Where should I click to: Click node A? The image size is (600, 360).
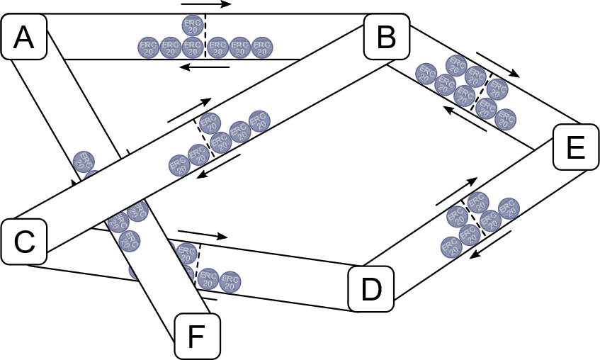click(x=24, y=37)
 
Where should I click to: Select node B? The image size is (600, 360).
click(x=386, y=37)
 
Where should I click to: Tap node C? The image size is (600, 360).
click(x=24, y=242)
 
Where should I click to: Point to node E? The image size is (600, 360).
click(x=575, y=147)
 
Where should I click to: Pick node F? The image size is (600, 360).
click(x=197, y=336)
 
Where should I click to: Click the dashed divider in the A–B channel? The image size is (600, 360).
click(x=205, y=35)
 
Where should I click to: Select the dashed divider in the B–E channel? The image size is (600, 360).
click(x=481, y=90)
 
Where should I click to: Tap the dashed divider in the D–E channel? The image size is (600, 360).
click(x=474, y=216)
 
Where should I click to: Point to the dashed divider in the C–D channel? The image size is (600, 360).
click(x=197, y=264)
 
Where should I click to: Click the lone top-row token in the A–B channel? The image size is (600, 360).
click(x=193, y=26)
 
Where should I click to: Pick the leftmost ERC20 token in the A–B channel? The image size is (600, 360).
click(x=149, y=47)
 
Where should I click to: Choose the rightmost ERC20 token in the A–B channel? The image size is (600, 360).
click(x=262, y=47)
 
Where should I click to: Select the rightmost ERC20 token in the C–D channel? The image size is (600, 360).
click(x=230, y=282)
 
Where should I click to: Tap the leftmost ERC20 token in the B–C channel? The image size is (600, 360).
click(x=179, y=166)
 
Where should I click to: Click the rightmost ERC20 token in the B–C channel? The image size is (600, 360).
click(x=259, y=121)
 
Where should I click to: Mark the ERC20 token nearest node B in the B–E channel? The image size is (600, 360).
click(x=426, y=74)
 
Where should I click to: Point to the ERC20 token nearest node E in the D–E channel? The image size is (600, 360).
click(x=509, y=208)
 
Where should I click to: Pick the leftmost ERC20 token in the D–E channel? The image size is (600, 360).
click(x=451, y=247)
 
